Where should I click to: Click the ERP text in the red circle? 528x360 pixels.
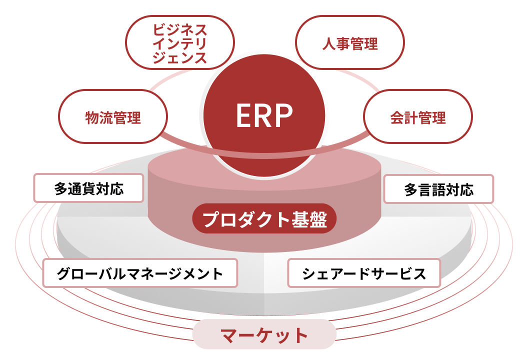click(264, 116)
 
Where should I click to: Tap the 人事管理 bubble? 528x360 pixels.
click(349, 43)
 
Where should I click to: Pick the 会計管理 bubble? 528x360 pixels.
click(417, 117)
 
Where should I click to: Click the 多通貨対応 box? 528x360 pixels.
click(88, 188)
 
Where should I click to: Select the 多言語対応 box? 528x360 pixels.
click(438, 189)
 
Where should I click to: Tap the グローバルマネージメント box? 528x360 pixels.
click(140, 273)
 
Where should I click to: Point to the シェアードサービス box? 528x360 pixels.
click(364, 273)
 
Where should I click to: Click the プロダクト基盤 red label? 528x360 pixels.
click(264, 219)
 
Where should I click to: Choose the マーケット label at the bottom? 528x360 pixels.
click(264, 334)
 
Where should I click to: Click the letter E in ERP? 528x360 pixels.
click(243, 116)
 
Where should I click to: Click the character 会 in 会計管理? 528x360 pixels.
click(397, 118)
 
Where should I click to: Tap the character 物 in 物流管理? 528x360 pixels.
click(92, 118)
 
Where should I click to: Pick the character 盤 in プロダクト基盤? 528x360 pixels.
click(317, 219)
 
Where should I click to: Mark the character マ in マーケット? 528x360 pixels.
click(229, 335)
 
